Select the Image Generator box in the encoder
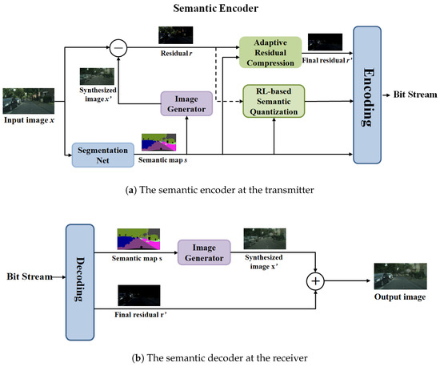coord(186,105)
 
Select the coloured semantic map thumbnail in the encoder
coord(159,143)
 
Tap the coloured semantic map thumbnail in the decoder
coord(138,238)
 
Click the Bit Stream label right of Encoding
coord(414,95)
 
